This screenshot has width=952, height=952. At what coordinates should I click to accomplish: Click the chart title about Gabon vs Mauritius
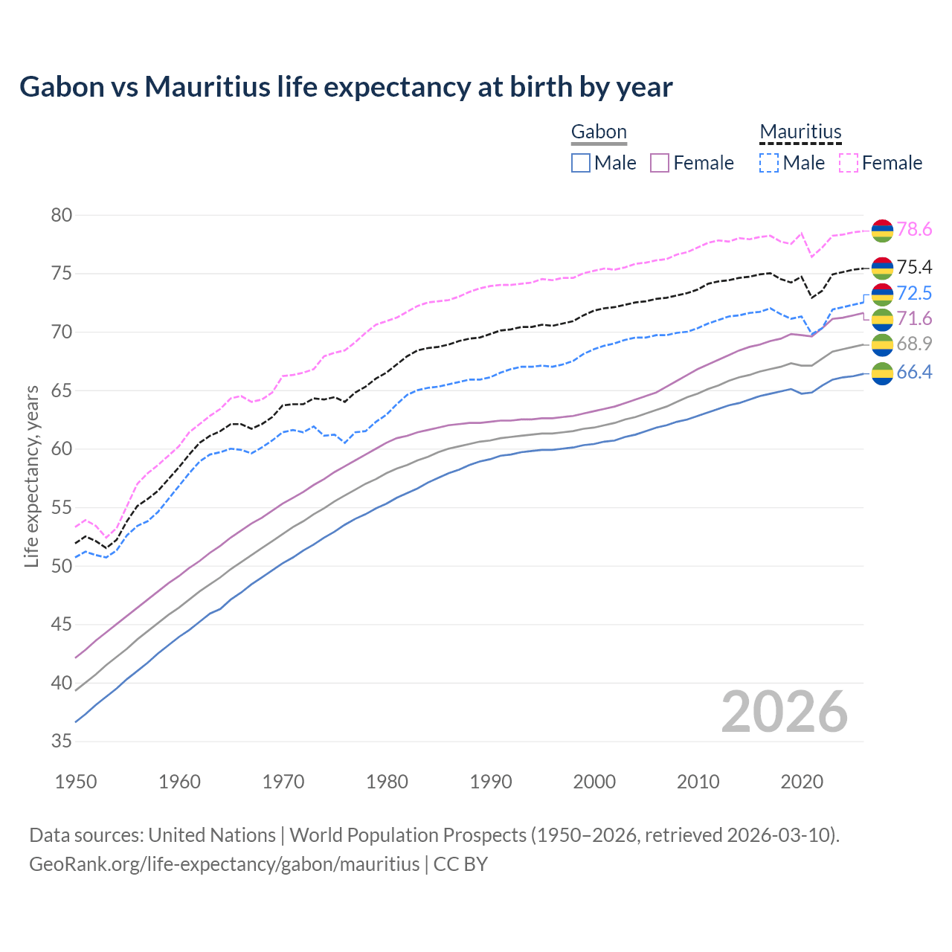click(x=346, y=87)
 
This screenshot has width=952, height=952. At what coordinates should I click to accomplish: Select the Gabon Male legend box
click(x=581, y=163)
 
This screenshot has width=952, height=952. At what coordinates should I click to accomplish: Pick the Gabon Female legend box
click(x=660, y=163)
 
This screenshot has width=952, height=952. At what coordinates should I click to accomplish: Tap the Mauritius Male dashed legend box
click(x=769, y=163)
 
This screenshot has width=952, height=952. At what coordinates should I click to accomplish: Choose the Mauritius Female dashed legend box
click(x=849, y=163)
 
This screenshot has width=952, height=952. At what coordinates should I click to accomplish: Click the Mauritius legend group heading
click(x=800, y=132)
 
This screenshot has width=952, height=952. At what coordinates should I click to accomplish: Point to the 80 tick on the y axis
click(x=62, y=216)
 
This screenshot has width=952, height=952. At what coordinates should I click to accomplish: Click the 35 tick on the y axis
click(x=62, y=742)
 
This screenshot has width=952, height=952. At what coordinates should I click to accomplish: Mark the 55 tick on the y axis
click(x=62, y=508)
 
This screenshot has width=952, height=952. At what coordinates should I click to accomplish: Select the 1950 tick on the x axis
click(x=76, y=782)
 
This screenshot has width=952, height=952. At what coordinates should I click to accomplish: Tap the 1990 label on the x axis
click(x=491, y=782)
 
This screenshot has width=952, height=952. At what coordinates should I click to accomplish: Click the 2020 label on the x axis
click(x=802, y=782)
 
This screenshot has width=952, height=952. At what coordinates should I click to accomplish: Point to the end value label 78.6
click(x=914, y=230)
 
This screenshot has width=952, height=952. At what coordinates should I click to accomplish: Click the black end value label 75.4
click(x=914, y=267)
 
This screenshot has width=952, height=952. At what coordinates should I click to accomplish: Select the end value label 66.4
click(x=914, y=373)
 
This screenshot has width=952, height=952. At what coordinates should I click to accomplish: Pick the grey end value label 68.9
click(x=914, y=344)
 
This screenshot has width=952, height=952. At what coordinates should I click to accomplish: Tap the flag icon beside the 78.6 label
click(x=882, y=231)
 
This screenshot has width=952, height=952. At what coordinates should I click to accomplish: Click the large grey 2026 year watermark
click(x=784, y=712)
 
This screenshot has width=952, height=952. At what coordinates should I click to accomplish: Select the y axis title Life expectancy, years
click(x=32, y=476)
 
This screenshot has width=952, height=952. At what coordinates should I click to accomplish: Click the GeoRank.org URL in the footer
click(x=224, y=864)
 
